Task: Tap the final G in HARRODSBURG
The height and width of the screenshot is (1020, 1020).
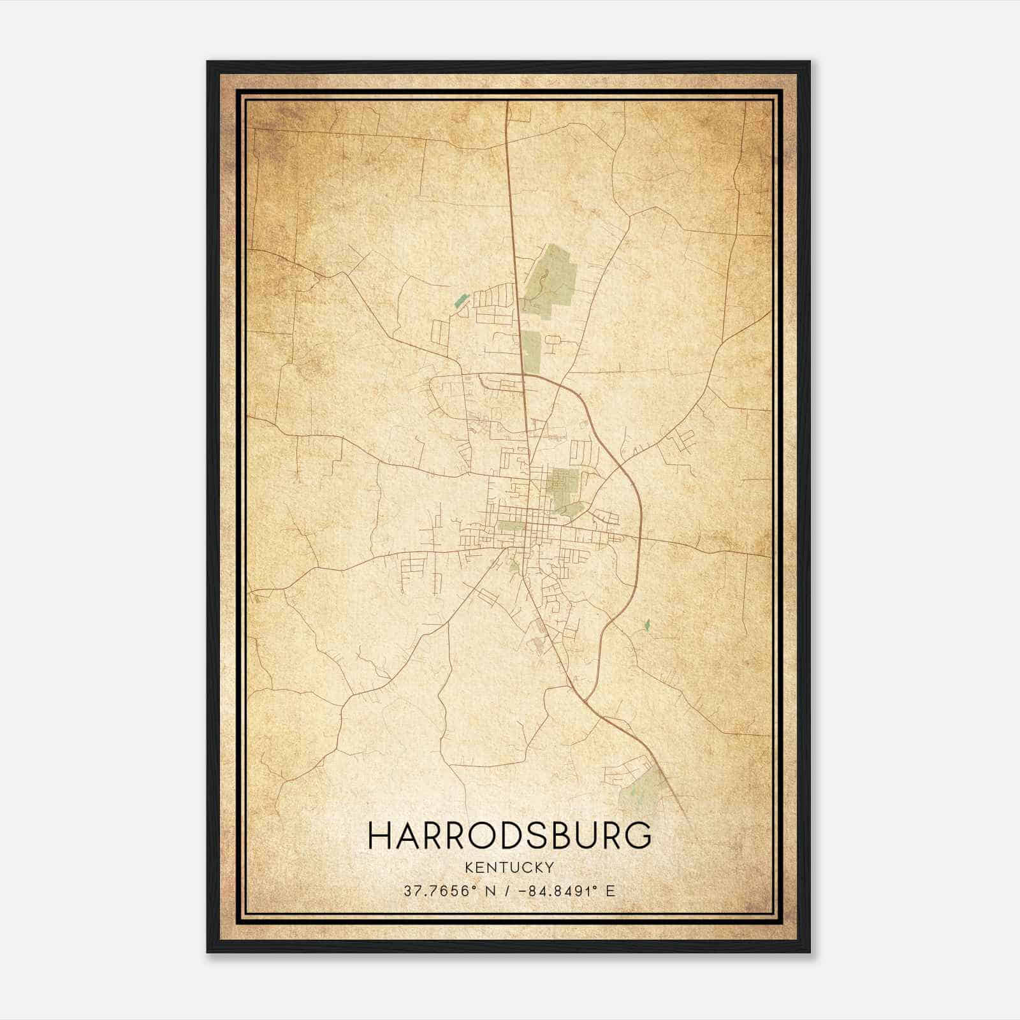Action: pyautogui.click(x=638, y=835)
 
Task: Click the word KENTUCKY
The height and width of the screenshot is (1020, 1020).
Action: pyautogui.click(x=509, y=867)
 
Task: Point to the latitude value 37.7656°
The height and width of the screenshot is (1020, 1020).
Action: pyautogui.click(x=440, y=891)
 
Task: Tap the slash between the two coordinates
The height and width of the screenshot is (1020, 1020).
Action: pyautogui.click(x=506, y=891)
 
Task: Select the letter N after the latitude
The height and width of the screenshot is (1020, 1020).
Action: pyautogui.click(x=490, y=891)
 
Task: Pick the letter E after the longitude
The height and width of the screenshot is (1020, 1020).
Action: pyautogui.click(x=611, y=891)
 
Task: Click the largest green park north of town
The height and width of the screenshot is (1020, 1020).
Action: pyautogui.click(x=550, y=280)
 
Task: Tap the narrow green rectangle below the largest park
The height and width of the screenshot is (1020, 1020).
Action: pyautogui.click(x=531, y=349)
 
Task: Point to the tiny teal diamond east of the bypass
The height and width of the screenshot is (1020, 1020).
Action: pyautogui.click(x=647, y=625)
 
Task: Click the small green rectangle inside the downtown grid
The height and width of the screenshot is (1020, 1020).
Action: pyautogui.click(x=510, y=526)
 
